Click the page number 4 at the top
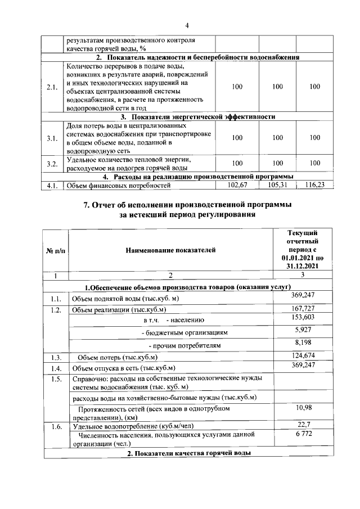[x=188, y=25]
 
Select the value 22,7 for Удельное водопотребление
[x=303, y=425]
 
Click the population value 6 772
[x=303, y=434]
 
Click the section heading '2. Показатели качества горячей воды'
[x=188, y=453]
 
